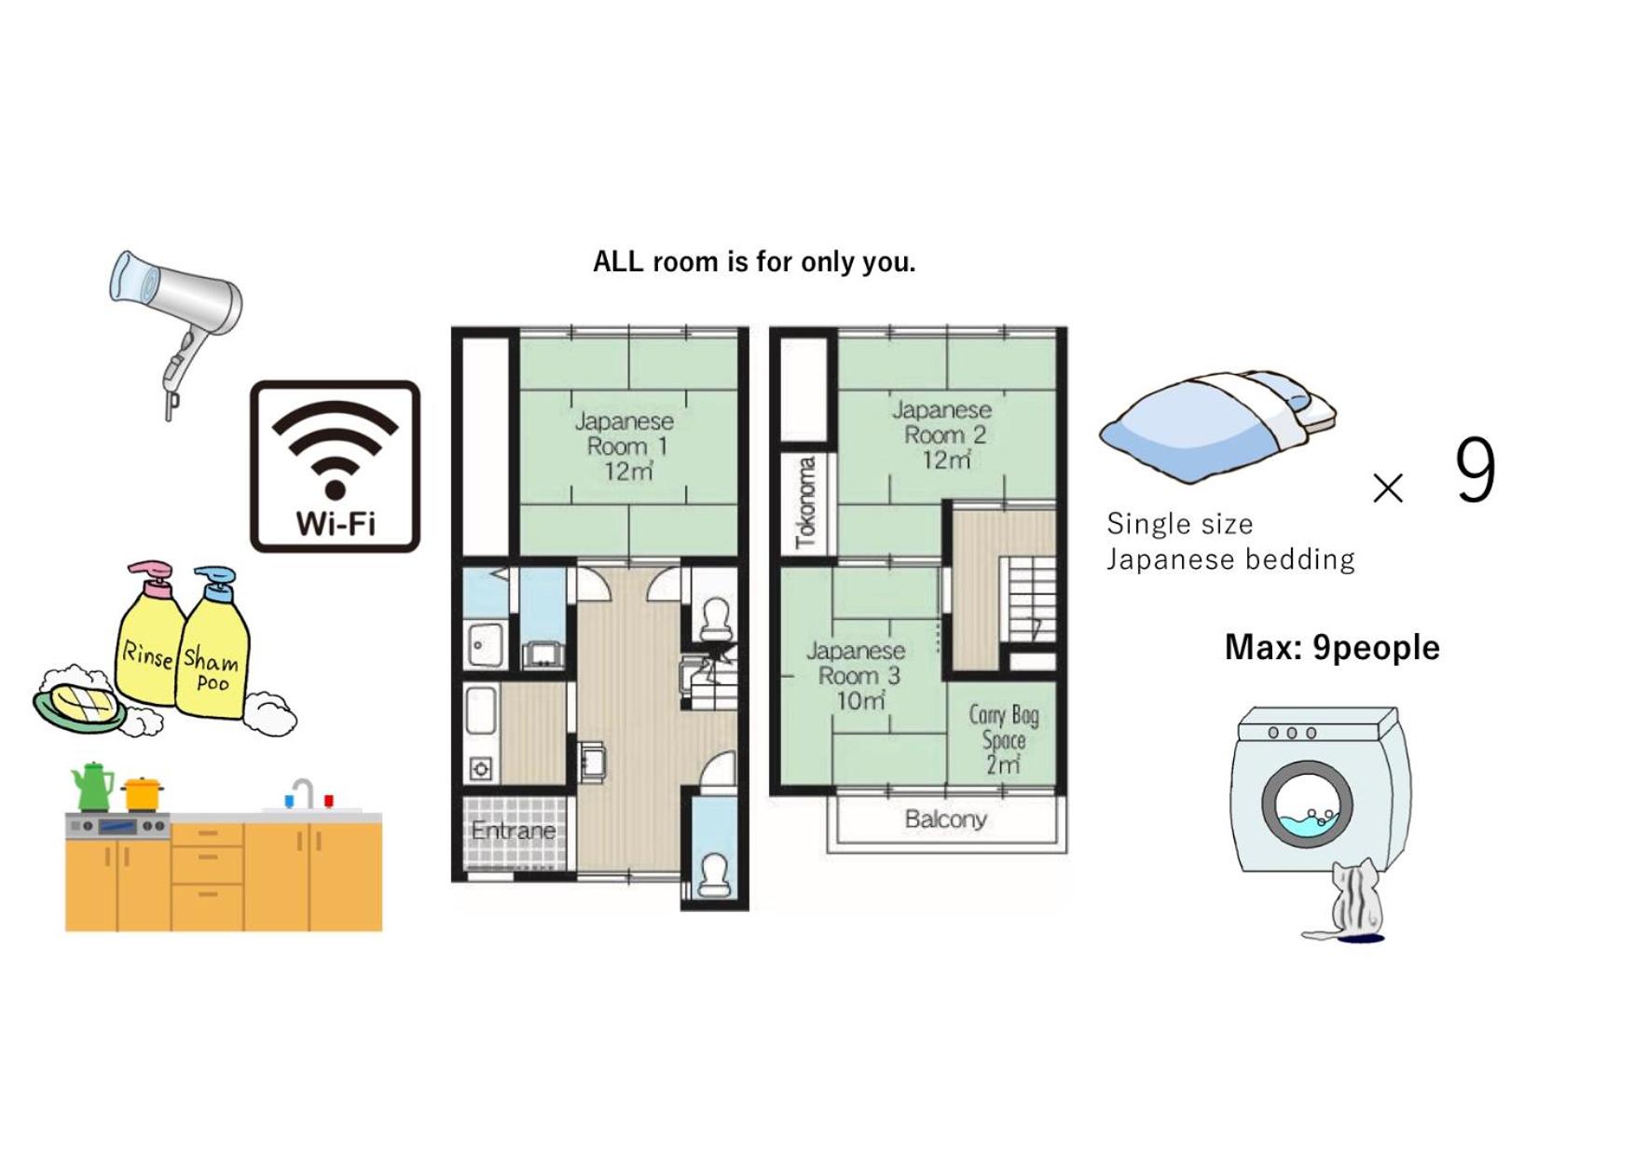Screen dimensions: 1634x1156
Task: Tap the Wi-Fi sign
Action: pos(335,466)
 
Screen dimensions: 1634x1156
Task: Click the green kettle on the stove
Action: pos(92,787)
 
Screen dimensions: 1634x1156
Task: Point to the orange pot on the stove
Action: pos(143,794)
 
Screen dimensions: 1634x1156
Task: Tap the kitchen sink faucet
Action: pos(304,793)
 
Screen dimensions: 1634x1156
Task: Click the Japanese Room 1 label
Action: pos(625,446)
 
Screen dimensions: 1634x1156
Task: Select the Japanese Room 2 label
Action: pos(942,434)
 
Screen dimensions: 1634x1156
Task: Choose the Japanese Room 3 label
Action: pos(857,675)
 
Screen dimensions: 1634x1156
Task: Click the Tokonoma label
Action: pos(805,502)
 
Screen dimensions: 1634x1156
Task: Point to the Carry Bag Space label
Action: pos(1004,739)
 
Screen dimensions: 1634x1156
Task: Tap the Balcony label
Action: pos(945,819)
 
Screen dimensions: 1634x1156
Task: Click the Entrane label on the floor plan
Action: pos(513,830)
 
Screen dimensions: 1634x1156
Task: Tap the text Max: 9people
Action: pos(1332,647)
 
